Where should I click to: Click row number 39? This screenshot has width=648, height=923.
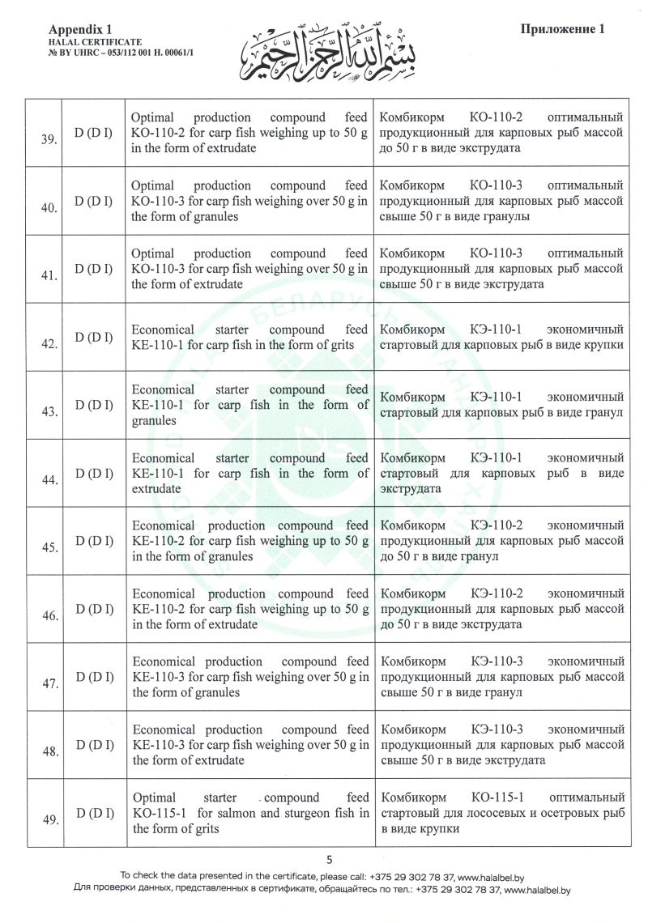[48, 140]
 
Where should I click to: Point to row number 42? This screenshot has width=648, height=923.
[48, 344]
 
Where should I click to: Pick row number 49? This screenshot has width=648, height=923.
[48, 820]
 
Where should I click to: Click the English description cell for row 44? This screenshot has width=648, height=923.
[250, 474]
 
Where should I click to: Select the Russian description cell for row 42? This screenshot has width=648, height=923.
[501, 338]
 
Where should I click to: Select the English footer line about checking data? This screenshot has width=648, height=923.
[322, 876]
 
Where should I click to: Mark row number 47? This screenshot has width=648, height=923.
[48, 684]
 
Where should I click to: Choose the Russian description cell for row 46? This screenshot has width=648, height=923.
[501, 610]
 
